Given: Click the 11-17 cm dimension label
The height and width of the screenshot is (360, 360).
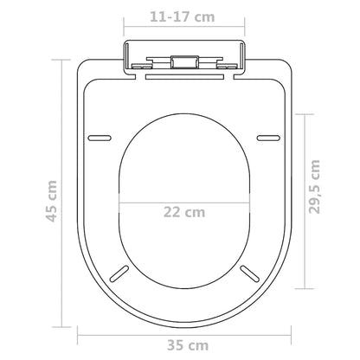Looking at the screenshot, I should tap(180, 16).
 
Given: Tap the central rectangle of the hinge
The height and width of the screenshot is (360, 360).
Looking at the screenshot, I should tap(183, 61).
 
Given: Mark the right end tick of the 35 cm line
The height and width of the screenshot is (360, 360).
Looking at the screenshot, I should tap(288, 331).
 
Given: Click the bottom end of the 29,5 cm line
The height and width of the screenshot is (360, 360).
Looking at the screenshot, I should tap(299, 287).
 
